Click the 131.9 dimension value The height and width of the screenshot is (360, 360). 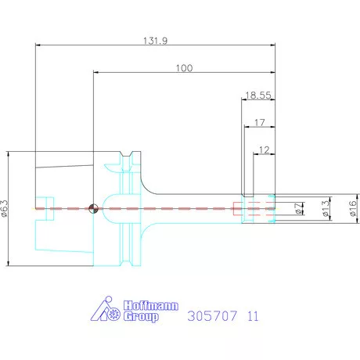pos(156,41)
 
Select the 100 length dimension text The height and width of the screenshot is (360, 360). pos(184,68)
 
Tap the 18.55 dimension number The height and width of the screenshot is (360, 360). pos(258,95)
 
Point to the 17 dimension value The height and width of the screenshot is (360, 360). pos(260,122)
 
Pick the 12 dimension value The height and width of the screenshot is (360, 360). pos(264,150)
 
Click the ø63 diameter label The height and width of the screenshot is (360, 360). pos(5,209)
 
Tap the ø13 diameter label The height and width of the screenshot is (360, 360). pos(326,209)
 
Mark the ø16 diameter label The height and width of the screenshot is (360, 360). pos(353,208)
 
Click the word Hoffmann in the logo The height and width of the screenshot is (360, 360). pos(151,305)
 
